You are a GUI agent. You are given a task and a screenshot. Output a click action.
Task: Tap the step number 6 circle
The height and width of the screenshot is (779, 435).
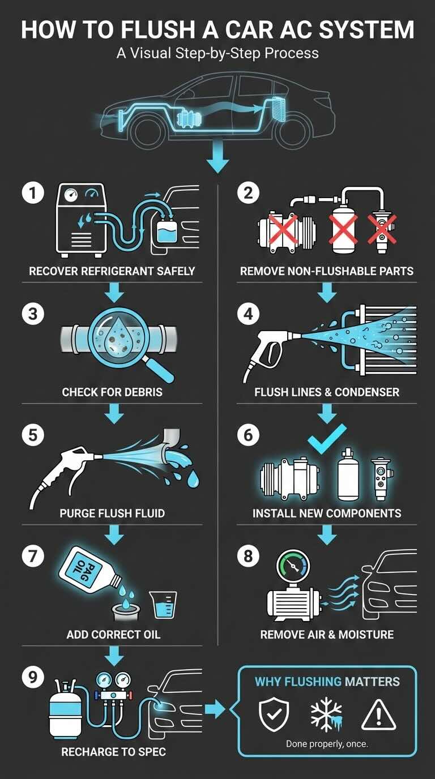(x=248, y=435)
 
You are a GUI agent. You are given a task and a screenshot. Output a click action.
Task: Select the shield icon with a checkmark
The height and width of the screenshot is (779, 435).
(x=274, y=715)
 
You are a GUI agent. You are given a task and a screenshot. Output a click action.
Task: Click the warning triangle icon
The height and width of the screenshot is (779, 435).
(x=379, y=715)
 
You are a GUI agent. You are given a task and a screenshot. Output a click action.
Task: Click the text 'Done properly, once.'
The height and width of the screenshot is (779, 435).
(x=327, y=743)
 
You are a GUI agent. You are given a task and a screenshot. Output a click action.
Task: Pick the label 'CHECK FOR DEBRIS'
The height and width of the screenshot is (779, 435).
(x=112, y=392)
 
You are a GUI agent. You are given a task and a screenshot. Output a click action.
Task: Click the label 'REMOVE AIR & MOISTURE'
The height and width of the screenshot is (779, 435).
(x=327, y=634)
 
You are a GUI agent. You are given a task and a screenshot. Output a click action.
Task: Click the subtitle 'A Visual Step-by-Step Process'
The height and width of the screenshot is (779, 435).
(x=217, y=54)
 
